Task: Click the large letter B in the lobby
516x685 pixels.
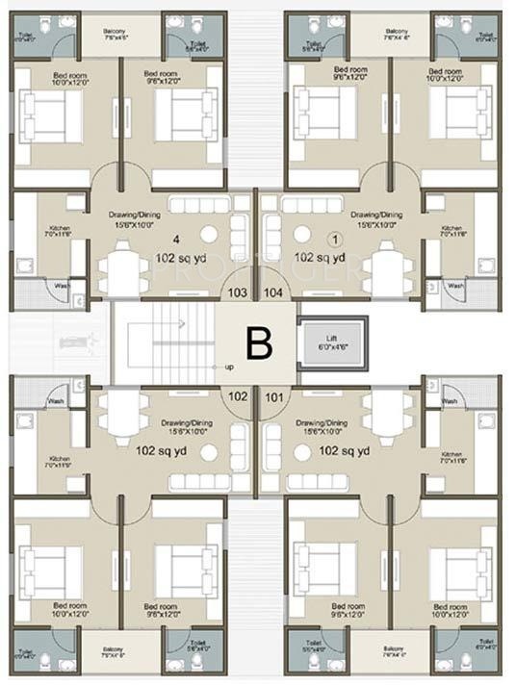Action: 258,343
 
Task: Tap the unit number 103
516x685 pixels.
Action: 238,292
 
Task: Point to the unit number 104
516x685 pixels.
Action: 273,292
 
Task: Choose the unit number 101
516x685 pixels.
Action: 273,394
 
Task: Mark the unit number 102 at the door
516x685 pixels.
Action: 238,394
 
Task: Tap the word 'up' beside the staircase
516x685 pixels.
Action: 229,368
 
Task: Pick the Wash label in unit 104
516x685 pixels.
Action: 454,286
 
